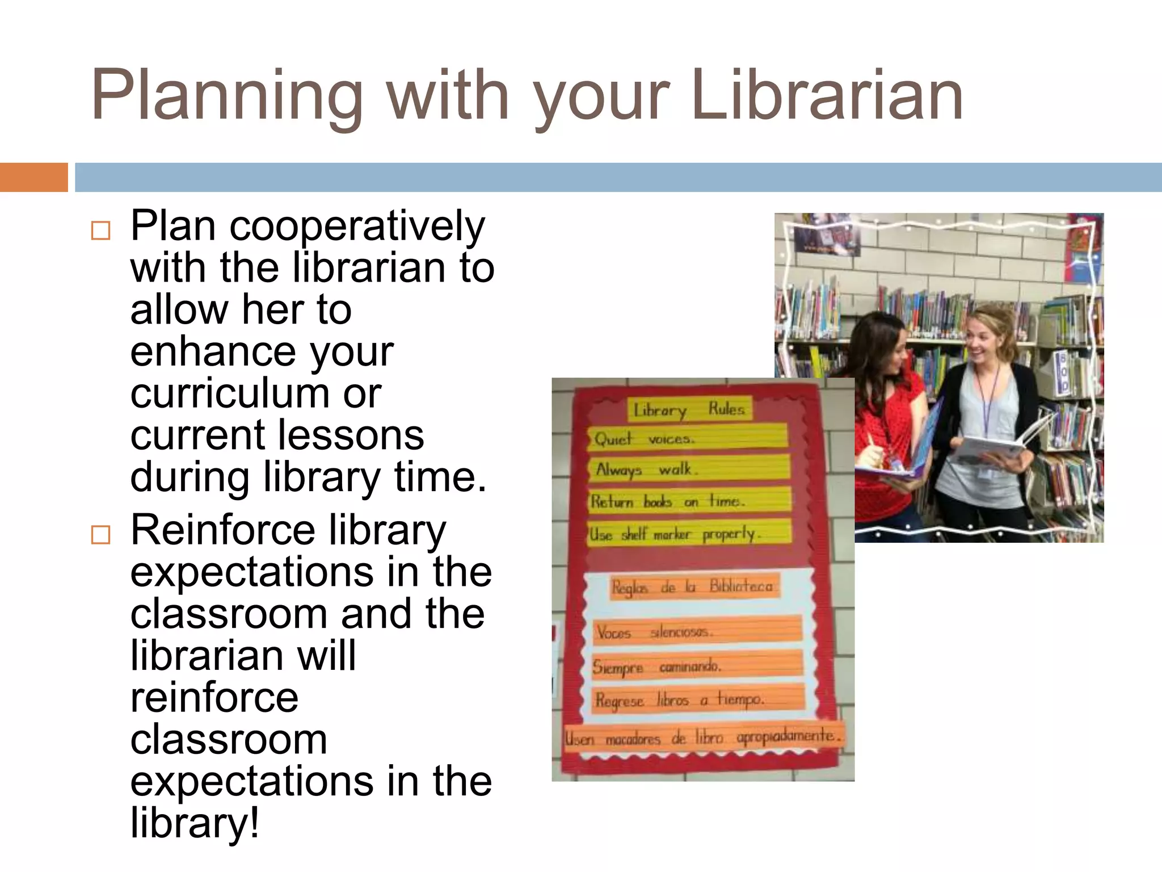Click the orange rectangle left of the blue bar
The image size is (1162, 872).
coord(33,177)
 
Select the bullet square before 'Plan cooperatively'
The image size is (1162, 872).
coord(100,230)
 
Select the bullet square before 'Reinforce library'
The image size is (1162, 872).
coord(100,534)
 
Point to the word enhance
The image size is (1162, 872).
coord(213,351)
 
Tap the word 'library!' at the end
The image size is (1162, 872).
coord(195,823)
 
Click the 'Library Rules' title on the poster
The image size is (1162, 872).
coord(689,409)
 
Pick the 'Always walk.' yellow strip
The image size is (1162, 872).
coord(688,469)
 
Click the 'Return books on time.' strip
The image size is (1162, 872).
coord(689,501)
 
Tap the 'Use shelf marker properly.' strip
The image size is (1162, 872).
coord(689,534)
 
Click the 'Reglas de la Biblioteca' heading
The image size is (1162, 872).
coord(692,586)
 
